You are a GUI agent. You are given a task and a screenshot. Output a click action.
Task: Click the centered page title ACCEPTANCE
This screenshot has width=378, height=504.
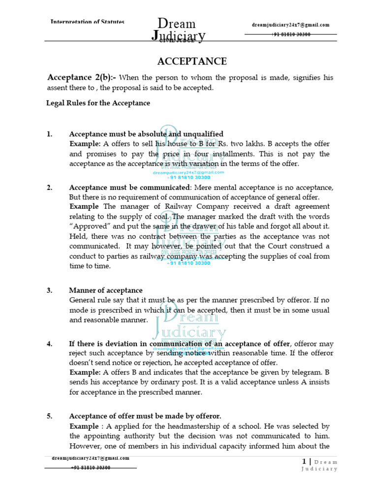tap(191, 62)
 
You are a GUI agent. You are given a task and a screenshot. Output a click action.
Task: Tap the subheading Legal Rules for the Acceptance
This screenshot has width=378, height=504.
tap(98, 103)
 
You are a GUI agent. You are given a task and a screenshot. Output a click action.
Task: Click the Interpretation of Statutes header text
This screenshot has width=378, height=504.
tap(88, 22)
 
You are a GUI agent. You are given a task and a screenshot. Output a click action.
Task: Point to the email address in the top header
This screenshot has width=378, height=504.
tap(290, 25)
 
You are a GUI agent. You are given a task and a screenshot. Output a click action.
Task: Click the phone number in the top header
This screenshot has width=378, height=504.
tap(290, 34)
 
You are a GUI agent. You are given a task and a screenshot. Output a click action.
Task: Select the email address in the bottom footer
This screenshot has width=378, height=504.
tap(91, 458)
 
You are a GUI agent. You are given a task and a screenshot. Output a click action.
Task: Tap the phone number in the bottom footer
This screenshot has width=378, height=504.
tap(91, 468)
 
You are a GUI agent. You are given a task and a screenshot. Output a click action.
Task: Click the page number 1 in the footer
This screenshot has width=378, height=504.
tap(304, 461)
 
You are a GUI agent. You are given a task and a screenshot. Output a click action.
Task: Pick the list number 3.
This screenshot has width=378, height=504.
tap(49, 290)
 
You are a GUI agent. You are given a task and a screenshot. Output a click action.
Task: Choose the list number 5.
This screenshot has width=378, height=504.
tap(49, 416)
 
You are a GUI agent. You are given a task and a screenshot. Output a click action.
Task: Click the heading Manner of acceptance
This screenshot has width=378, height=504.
tap(106, 290)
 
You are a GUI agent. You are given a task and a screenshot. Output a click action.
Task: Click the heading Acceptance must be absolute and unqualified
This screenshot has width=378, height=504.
tap(146, 134)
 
